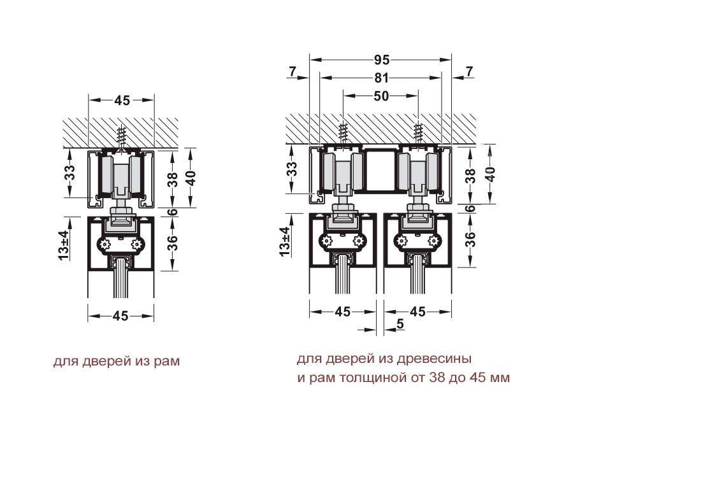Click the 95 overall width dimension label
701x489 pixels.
click(381, 59)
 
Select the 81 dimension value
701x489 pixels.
click(381, 78)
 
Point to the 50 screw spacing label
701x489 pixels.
click(381, 96)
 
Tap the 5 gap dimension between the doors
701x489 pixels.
click(400, 323)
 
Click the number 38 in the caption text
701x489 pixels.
click(437, 378)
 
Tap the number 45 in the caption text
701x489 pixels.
click(477, 378)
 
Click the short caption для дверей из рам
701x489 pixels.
click(116, 361)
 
